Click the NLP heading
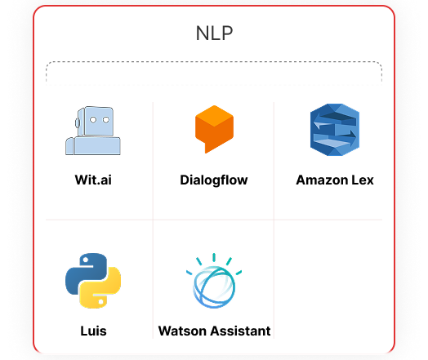[214, 33]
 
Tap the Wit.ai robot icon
[93, 131]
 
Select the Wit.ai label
[93, 180]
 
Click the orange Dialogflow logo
[214, 129]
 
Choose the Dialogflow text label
[214, 180]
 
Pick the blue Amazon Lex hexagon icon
[335, 130]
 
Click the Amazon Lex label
[335, 180]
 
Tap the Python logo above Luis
[93, 281]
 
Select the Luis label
[93, 331]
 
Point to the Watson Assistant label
[214, 331]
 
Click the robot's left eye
[93, 120]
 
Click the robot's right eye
[106, 120]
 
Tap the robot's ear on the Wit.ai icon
[78, 122]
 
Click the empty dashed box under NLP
[214, 73]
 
